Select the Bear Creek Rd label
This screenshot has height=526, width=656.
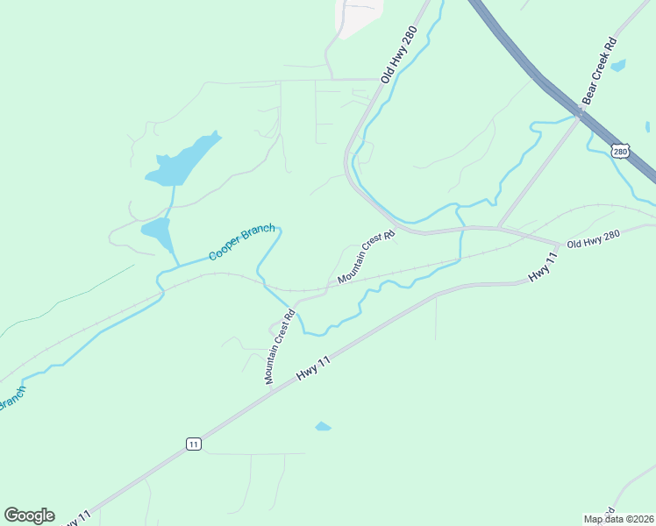click(x=600, y=71)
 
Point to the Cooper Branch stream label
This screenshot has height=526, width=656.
click(x=242, y=242)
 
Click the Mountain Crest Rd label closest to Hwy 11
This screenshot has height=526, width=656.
click(x=280, y=347)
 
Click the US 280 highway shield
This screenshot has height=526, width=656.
click(x=620, y=152)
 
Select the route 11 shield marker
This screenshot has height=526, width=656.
click(x=194, y=444)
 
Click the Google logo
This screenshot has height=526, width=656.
click(x=29, y=515)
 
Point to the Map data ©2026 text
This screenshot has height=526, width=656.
click(x=617, y=519)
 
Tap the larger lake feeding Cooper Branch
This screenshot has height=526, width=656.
click(x=182, y=160)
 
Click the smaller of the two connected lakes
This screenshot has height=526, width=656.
click(x=156, y=233)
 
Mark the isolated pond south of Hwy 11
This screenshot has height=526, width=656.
click(x=323, y=427)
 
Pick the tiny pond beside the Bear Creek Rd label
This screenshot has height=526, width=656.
click(x=619, y=65)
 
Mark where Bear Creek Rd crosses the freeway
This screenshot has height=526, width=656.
click(x=580, y=113)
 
